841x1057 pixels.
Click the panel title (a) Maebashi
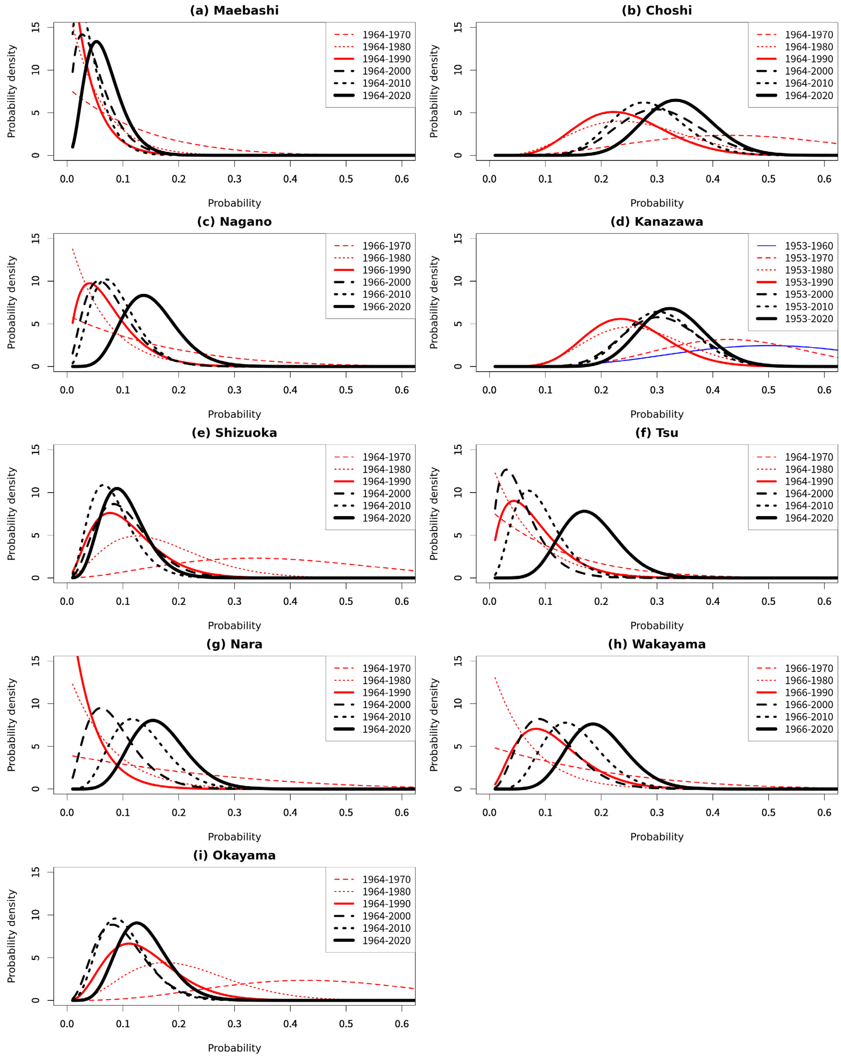coord(234,10)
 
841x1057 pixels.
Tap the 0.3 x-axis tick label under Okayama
coord(234,1024)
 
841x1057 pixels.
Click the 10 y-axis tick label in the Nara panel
coord(35,704)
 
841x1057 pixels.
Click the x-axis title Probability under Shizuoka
coord(234,626)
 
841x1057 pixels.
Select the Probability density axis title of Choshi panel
coord(434,91)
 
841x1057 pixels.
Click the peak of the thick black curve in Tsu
coord(584,511)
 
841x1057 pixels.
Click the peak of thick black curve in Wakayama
coord(592,724)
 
